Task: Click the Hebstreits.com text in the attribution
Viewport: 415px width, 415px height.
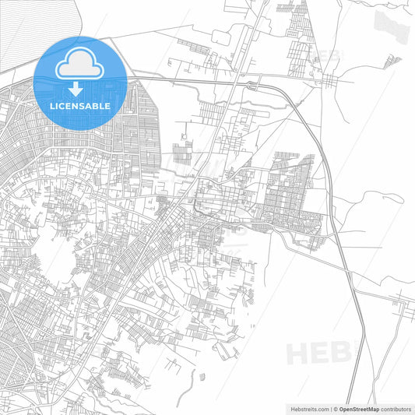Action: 307,408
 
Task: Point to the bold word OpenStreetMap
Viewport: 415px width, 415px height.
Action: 359,408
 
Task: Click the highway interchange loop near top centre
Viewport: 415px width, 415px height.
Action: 251,81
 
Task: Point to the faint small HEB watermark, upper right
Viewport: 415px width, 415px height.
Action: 331,56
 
